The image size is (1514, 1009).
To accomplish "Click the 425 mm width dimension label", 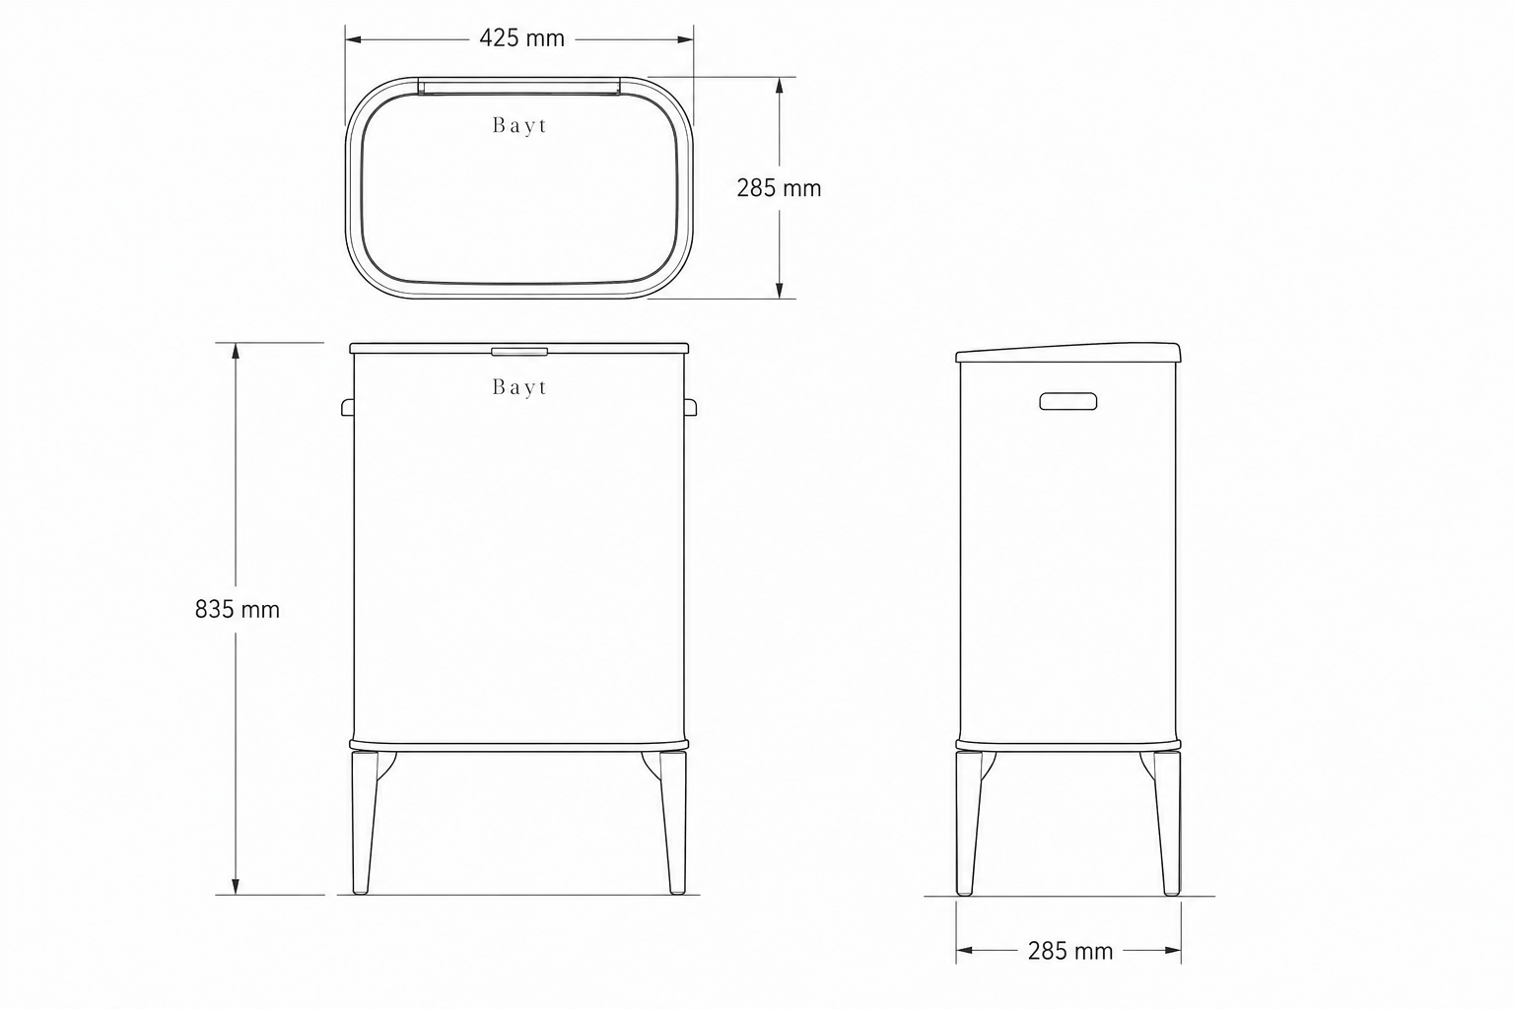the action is click(x=521, y=38).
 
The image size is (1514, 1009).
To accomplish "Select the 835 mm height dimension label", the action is click(x=238, y=610).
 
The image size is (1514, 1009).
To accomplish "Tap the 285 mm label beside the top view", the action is click(x=779, y=188).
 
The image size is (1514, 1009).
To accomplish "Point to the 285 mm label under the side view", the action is click(x=1069, y=951).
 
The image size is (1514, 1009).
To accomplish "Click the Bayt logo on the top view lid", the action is click(x=519, y=126).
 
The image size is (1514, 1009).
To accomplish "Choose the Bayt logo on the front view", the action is click(x=519, y=387).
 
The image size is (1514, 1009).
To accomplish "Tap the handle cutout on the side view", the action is click(x=1067, y=401).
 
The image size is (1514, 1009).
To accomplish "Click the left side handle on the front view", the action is click(x=347, y=407).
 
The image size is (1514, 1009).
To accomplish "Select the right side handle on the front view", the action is click(x=691, y=407).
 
